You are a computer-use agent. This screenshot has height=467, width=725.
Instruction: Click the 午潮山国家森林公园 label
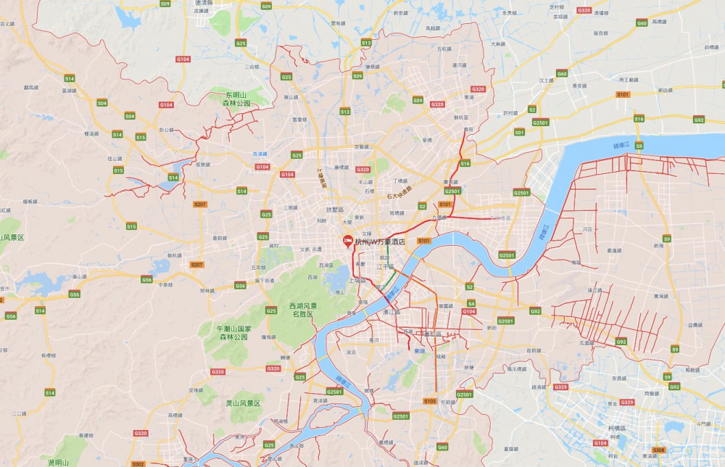(x=233, y=333)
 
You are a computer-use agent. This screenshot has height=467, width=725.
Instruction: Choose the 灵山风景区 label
(x=242, y=402)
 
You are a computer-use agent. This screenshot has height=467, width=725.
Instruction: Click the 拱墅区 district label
(x=334, y=210)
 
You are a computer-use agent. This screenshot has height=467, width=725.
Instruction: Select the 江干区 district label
(x=385, y=267)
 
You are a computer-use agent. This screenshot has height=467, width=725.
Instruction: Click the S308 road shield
(x=658, y=450)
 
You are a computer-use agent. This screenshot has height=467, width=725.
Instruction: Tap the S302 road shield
(x=138, y=463)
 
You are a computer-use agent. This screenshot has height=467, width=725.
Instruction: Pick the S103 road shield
(x=429, y=400)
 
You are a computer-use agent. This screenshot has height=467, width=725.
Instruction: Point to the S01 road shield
(x=519, y=133)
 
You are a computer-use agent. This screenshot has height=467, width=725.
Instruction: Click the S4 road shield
(x=471, y=303)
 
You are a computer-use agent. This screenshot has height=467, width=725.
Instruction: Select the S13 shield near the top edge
(x=366, y=44)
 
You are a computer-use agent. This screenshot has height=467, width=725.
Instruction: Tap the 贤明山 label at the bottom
(x=58, y=462)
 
